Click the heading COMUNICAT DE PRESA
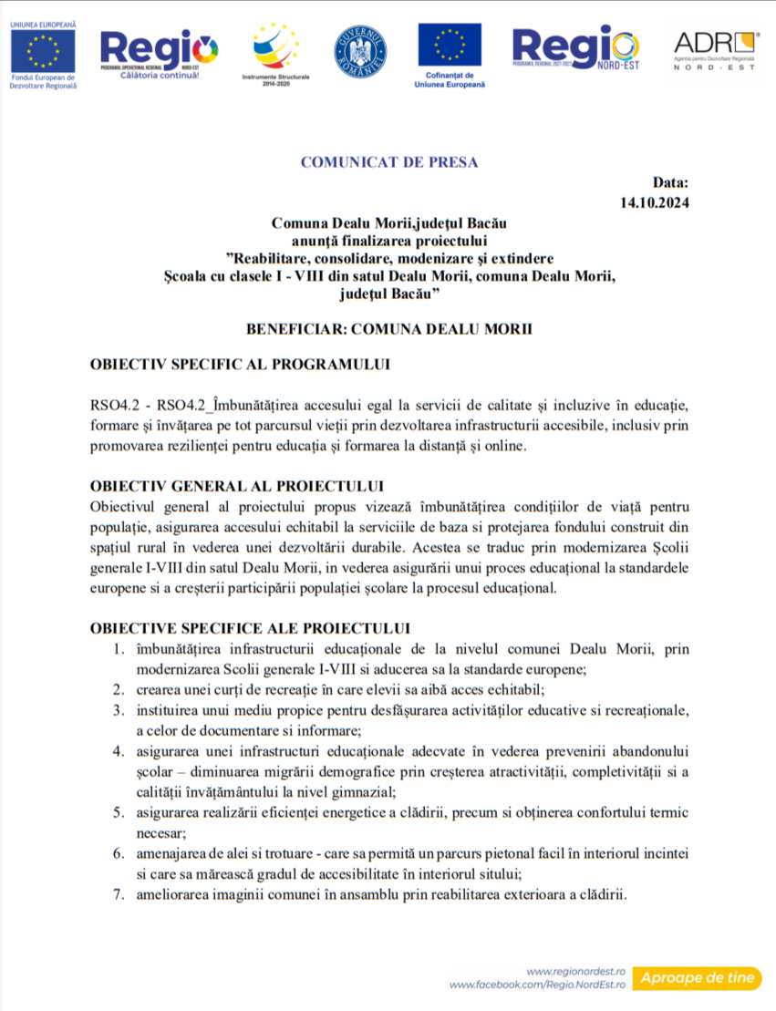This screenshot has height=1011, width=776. pos(389,162)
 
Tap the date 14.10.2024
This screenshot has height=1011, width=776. pos(655,202)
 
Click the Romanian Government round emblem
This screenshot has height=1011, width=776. pos(360,51)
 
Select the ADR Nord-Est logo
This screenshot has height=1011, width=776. pos(715,52)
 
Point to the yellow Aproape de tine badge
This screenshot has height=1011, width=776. pos(698,977)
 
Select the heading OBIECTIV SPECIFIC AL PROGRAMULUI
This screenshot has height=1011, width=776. pos(240,365)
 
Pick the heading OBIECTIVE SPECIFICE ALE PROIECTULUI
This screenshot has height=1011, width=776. pos(250,628)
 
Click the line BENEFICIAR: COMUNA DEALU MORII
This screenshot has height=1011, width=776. pos(388,328)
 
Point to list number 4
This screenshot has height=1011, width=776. pos(118,751)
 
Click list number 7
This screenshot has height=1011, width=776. pos(118,894)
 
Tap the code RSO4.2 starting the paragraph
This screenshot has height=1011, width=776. pos(111,404)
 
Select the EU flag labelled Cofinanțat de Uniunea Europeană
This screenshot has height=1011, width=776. pos(450,46)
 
